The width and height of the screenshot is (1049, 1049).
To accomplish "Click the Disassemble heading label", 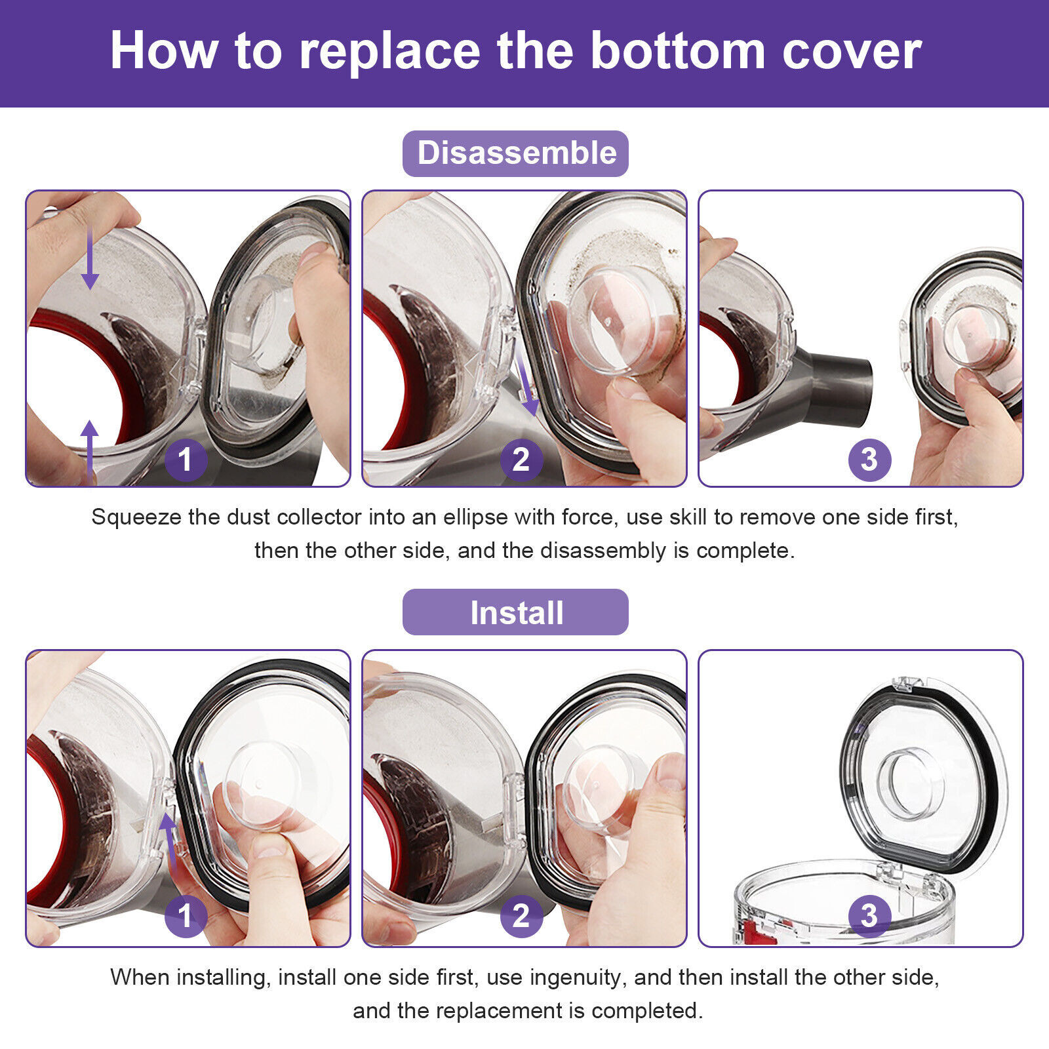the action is [516, 153].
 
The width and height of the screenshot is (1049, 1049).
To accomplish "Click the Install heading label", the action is [516, 612].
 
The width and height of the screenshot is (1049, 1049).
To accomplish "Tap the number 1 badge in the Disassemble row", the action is [186, 460].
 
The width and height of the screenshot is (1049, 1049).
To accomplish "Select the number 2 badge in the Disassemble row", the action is [521, 460].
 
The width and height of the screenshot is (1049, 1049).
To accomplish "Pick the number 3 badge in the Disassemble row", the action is [869, 460].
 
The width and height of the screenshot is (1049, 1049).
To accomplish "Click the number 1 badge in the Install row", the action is [186, 916].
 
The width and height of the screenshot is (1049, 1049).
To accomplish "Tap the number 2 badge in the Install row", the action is [521, 916].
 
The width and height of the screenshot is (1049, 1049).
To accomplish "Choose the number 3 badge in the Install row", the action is [869, 916].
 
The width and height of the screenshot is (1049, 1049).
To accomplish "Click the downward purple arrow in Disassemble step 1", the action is [90, 258].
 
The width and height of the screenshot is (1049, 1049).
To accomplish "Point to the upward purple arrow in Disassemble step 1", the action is [90, 452].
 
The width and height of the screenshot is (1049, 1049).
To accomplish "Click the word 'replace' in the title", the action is [390, 51].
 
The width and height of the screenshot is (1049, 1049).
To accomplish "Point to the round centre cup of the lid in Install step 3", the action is [911, 783].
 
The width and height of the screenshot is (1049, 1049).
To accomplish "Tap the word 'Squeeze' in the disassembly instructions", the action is [136, 518].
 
